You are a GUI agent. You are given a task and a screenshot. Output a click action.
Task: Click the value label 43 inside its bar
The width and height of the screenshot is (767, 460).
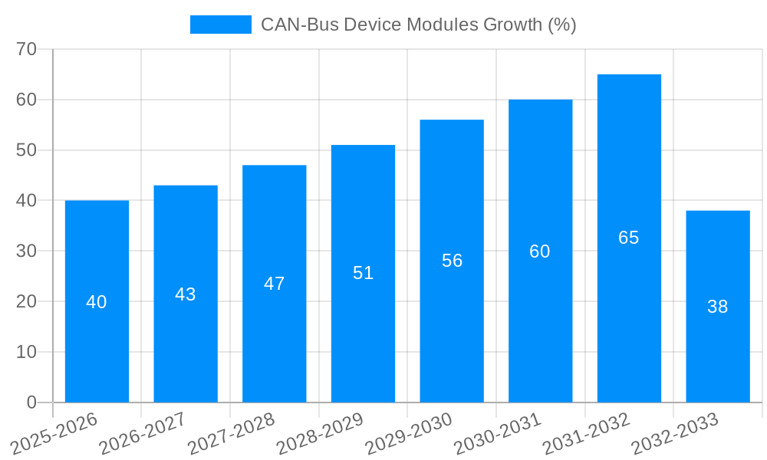pyautogui.click(x=186, y=294)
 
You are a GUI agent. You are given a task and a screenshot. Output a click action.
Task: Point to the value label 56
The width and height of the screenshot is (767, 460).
pyautogui.click(x=452, y=261)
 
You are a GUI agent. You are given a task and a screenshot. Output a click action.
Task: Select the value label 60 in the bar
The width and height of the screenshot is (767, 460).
pyautogui.click(x=540, y=251)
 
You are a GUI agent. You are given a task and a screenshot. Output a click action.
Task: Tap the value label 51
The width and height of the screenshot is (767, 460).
pyautogui.click(x=363, y=273)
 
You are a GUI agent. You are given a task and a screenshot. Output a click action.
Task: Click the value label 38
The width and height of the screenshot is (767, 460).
pyautogui.click(x=717, y=307)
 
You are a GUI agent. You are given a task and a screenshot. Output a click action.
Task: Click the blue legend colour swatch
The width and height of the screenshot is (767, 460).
pyautogui.click(x=220, y=25)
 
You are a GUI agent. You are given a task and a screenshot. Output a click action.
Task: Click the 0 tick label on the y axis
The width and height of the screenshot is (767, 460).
pyautogui.click(x=31, y=402)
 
